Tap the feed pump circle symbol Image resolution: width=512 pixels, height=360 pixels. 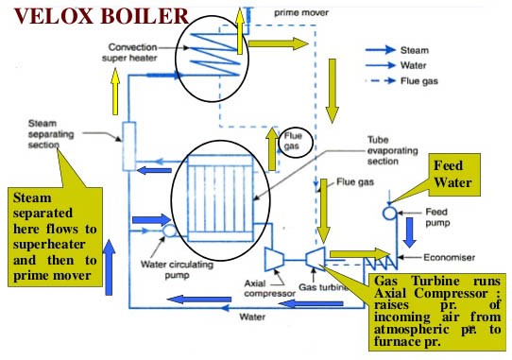(389, 214)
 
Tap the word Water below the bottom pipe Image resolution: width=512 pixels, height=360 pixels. (251, 317)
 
